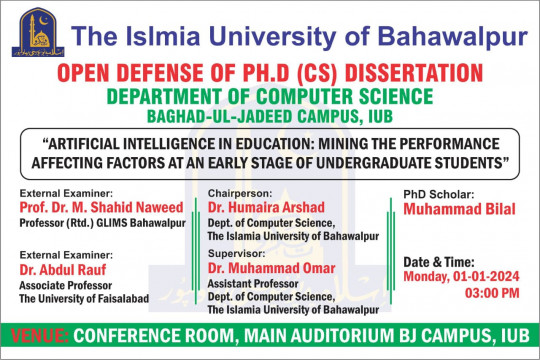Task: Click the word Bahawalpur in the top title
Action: [459, 38]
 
